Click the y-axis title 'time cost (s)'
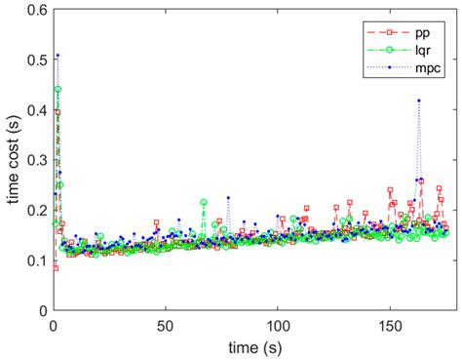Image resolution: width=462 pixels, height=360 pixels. (14, 160)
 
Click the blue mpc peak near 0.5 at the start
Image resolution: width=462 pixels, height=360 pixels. (58, 56)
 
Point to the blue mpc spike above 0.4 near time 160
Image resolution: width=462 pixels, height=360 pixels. (419, 100)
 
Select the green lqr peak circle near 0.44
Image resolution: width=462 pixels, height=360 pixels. (58, 89)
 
